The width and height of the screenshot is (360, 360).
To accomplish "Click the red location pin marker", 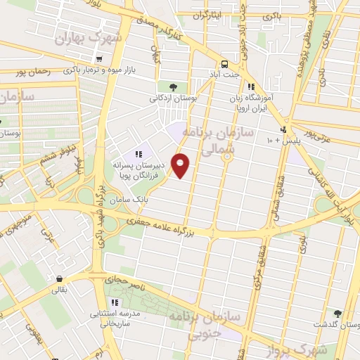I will click(181, 166).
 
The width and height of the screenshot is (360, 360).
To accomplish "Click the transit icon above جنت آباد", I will click(224, 63).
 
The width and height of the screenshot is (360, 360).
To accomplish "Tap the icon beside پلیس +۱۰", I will click(283, 129).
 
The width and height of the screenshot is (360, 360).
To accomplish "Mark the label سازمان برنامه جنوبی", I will click(205, 321).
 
